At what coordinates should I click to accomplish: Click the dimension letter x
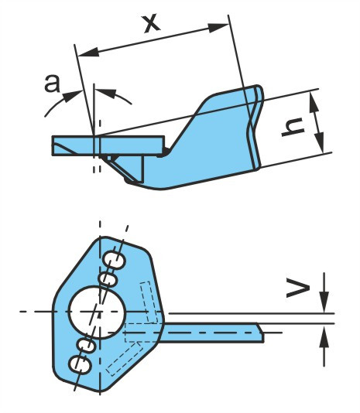pyautogui.click(x=152, y=24)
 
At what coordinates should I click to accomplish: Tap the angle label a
pyautogui.click(x=52, y=84)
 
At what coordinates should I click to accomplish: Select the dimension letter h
pyautogui.click(x=293, y=127)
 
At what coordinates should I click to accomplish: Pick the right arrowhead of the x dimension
pyautogui.click(x=218, y=27)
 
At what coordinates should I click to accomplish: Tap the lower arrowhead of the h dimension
pyautogui.click(x=321, y=143)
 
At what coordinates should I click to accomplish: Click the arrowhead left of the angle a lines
pyautogui.click(x=72, y=96)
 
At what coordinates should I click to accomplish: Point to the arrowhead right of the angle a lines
pyautogui.click(x=106, y=93)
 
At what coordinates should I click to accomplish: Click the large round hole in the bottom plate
pyautogui.click(x=97, y=312)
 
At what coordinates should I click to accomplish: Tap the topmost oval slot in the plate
pyautogui.click(x=114, y=260)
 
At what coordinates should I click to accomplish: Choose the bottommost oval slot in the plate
pyautogui.click(x=80, y=365)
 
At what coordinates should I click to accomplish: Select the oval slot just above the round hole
pyautogui.click(x=108, y=279)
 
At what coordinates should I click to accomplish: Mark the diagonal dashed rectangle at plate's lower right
pyautogui.click(x=124, y=359)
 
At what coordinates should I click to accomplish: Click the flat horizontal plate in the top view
pyautogui.click(x=108, y=145)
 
